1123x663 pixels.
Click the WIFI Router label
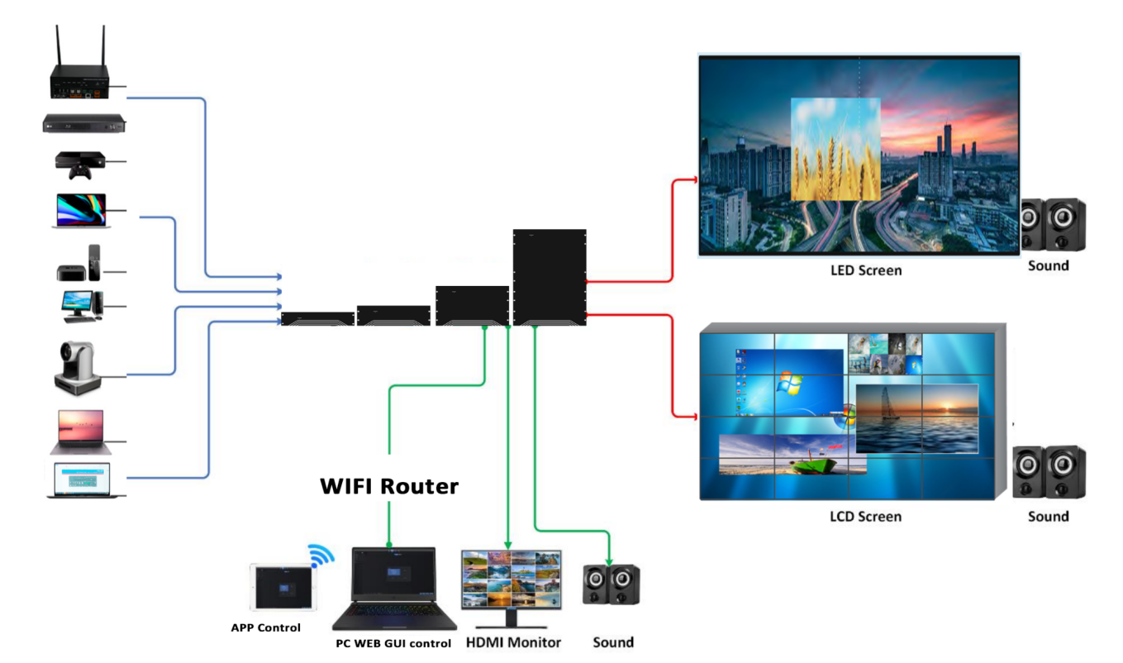tap(388, 487)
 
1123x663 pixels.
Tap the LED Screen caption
tap(866, 270)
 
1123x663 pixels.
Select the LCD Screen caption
tap(865, 517)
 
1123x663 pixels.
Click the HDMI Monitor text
tap(513, 642)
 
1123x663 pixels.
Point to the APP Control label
tap(265, 627)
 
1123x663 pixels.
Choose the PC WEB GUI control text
tap(393, 643)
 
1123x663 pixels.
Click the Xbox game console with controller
tap(79, 164)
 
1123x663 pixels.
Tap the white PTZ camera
tap(78, 366)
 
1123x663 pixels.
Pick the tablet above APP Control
tap(282, 587)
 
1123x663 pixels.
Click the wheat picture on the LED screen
tap(835, 149)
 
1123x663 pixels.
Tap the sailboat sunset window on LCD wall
tap(916, 417)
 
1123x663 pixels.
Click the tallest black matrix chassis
tap(550, 277)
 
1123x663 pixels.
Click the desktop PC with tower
tap(81, 304)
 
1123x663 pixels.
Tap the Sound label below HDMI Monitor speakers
tap(613, 642)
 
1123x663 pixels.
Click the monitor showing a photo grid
tap(511, 580)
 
